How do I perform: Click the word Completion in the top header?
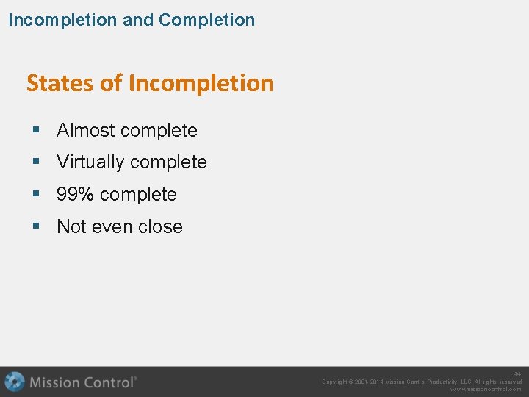point(206,20)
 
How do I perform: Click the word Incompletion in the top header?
point(62,20)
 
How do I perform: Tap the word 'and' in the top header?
point(138,20)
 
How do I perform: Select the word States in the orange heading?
point(61,83)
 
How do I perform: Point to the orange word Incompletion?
point(201,83)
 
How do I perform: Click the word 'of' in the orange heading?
point(112,83)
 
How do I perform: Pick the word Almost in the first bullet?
point(85,131)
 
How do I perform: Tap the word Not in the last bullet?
point(72,227)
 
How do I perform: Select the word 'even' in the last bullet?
point(112,227)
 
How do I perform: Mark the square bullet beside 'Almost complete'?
point(36,131)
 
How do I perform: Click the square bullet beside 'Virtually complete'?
point(36,162)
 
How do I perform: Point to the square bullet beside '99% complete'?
point(36,195)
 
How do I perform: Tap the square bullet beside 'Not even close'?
point(36,227)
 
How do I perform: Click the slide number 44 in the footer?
point(517,374)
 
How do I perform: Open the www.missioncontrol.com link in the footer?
point(486,390)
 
